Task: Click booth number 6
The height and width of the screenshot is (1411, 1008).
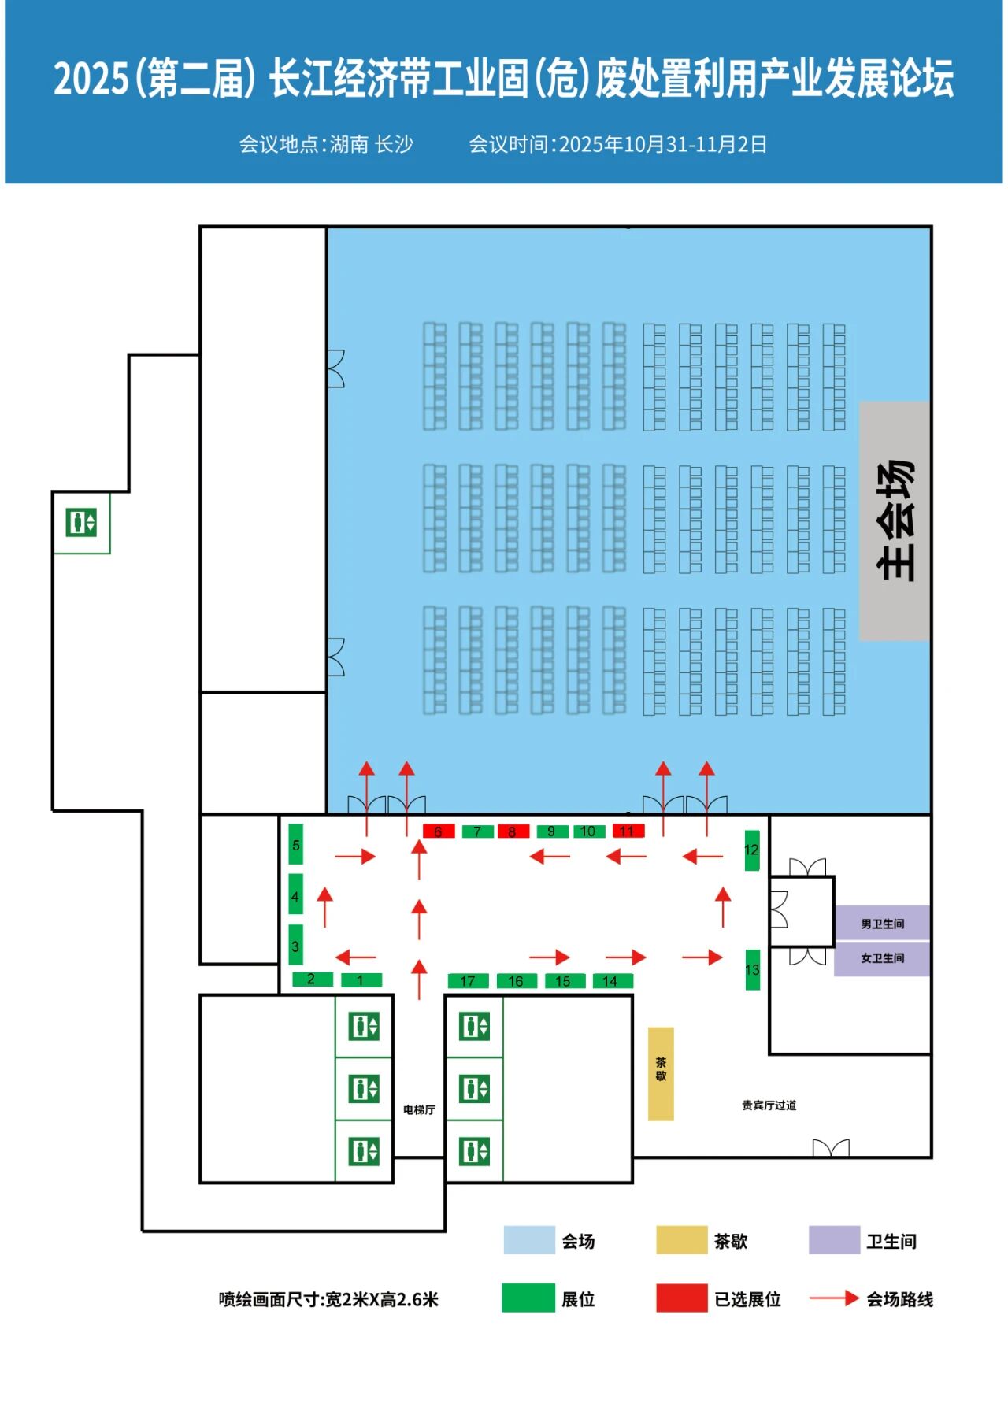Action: (439, 831)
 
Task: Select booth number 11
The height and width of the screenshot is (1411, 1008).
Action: (628, 831)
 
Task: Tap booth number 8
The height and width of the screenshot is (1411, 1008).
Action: (513, 831)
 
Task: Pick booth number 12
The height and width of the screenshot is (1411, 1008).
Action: (752, 850)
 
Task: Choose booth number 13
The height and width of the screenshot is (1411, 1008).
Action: (753, 969)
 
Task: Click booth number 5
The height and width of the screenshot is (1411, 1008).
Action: (296, 845)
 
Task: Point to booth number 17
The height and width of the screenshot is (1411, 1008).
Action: (468, 981)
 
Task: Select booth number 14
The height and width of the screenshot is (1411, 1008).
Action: (610, 981)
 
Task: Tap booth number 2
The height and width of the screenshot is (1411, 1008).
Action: (312, 980)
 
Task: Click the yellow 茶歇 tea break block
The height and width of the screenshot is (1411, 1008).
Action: (661, 1073)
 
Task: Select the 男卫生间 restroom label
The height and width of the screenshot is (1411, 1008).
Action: (882, 924)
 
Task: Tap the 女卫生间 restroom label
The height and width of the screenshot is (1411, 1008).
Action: (882, 958)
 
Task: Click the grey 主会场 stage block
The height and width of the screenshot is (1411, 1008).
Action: (895, 520)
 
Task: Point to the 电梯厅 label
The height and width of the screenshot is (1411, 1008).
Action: (419, 1109)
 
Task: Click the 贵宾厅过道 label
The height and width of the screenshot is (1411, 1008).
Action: (769, 1105)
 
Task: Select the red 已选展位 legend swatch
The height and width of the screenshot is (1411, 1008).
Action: (682, 1298)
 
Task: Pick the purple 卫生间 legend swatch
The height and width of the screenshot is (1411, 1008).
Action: (834, 1240)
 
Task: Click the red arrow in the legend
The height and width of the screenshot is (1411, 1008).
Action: (834, 1298)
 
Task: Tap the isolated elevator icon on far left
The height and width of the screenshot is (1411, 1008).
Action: (81, 522)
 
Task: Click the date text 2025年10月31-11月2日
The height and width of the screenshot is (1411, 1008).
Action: (662, 145)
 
